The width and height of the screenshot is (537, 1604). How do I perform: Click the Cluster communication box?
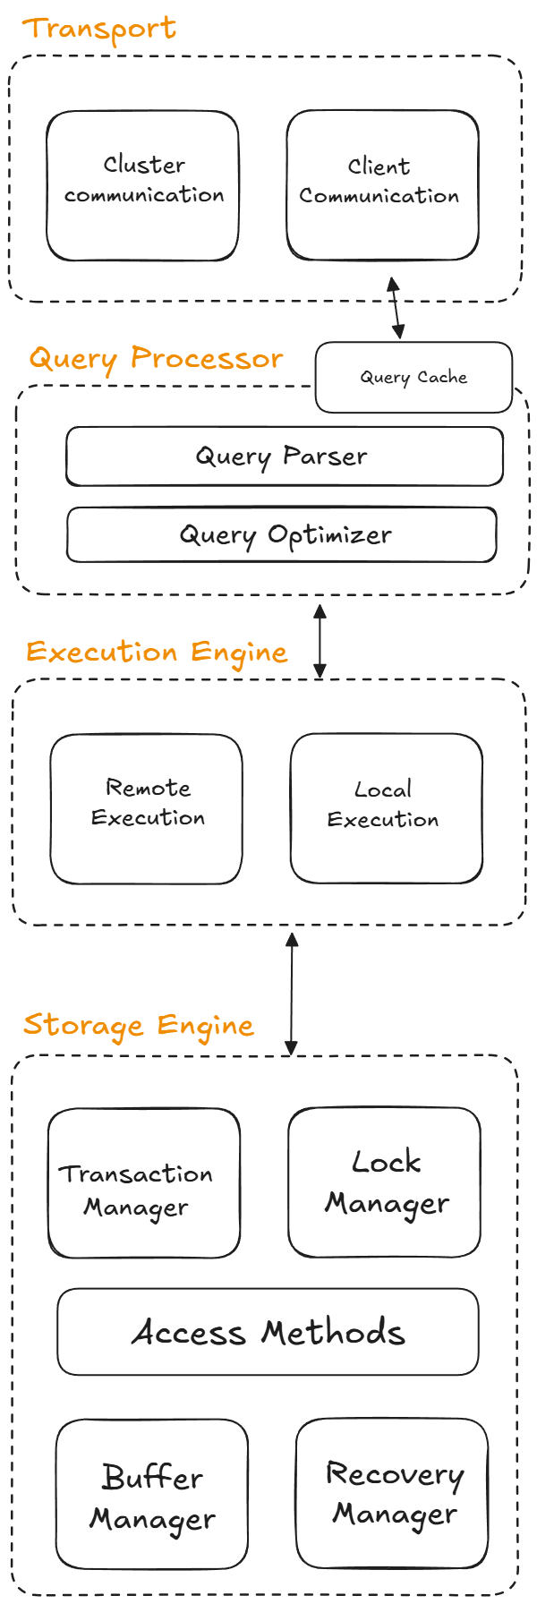point(143,185)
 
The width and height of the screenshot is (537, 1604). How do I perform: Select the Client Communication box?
point(382,185)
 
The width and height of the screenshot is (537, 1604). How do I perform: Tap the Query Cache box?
point(413,377)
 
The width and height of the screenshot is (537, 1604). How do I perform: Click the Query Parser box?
point(284,456)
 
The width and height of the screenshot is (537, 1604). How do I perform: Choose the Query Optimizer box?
point(282,535)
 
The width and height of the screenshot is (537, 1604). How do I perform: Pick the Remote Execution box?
point(146,809)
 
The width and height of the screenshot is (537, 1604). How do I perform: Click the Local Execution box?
point(386,808)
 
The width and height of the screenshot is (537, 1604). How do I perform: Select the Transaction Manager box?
point(143,1182)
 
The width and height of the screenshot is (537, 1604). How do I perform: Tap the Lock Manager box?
point(384,1182)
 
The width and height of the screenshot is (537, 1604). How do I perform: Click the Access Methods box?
point(268,1332)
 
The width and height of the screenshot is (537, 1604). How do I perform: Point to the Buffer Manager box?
point(151,1493)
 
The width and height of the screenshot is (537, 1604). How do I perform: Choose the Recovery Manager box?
point(392,1492)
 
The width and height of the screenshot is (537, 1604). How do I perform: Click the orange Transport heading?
point(99,29)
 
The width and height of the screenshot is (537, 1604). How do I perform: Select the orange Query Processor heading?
point(157,359)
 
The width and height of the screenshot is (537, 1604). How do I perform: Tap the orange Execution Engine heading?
point(157,652)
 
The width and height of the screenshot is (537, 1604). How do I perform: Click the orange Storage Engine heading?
point(139,1025)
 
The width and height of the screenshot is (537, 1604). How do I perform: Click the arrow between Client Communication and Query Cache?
point(395,308)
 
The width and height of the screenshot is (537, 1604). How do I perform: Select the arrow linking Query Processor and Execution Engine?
point(320,641)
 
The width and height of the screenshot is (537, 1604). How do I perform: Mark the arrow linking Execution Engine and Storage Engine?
point(291,994)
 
